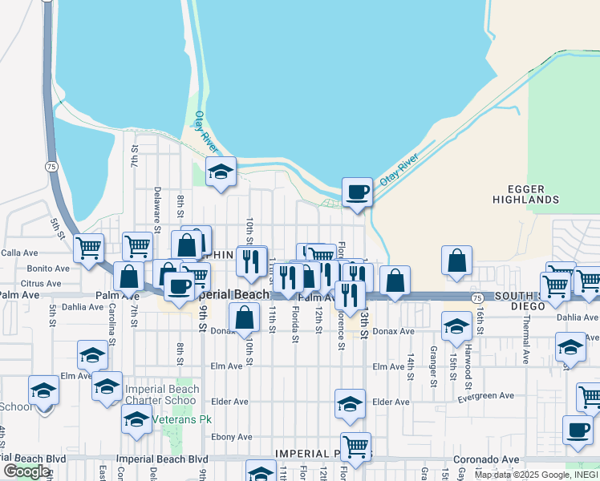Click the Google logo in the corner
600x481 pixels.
click(26, 471)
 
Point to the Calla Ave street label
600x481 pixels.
click(20, 253)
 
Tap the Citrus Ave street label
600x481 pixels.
click(41, 283)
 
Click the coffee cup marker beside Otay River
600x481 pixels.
click(358, 192)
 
